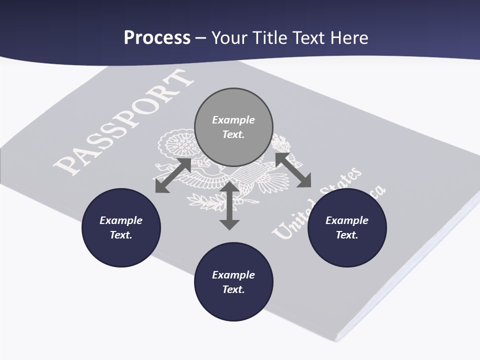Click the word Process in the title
coord(157,37)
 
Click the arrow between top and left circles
coord(173,175)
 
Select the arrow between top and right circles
coord(293,170)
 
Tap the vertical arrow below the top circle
coord(229,206)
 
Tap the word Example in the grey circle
coord(233,120)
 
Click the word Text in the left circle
coord(121,235)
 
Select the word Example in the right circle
coord(347,220)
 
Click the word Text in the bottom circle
coord(233,289)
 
